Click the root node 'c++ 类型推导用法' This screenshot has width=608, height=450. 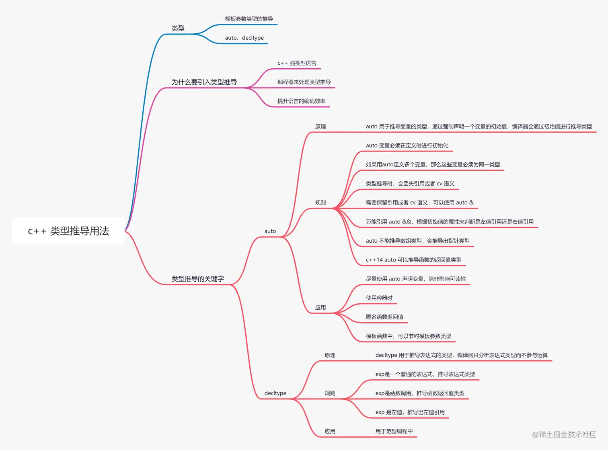pyautogui.click(x=68, y=231)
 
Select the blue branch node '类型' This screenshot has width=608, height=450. pyautogui.click(x=178, y=28)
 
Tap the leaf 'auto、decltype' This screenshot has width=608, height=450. pyautogui.click(x=244, y=38)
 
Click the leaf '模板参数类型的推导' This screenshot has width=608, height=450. pyautogui.click(x=249, y=19)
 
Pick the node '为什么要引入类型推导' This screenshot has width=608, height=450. pyautogui.click(x=204, y=82)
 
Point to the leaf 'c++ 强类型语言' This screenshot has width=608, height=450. pyautogui.click(x=297, y=63)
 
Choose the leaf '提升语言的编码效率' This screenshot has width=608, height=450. pyautogui.click(x=301, y=101)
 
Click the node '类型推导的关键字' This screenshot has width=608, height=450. pyautogui.click(x=197, y=279)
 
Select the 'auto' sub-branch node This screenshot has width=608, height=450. pyautogui.click(x=270, y=231)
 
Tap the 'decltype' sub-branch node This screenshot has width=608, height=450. pyautogui.click(x=275, y=393)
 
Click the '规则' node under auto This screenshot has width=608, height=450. pyautogui.click(x=320, y=202)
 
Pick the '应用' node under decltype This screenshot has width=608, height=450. pyautogui.click(x=330, y=431)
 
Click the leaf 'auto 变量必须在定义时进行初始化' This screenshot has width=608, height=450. pyautogui.click(x=407, y=145)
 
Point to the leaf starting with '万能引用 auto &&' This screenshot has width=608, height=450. pyautogui.click(x=450, y=222)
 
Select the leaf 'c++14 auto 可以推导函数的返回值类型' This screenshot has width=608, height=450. pyautogui.click(x=413, y=260)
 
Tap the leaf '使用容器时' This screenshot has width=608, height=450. pyautogui.click(x=379, y=298)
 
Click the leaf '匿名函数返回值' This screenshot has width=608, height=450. pyautogui.click(x=384, y=317)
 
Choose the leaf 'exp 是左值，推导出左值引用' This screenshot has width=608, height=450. pyautogui.click(x=410, y=412)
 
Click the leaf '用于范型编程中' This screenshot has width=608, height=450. pyautogui.click(x=394, y=431)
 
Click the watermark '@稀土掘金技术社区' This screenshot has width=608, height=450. pyautogui.click(x=564, y=434)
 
